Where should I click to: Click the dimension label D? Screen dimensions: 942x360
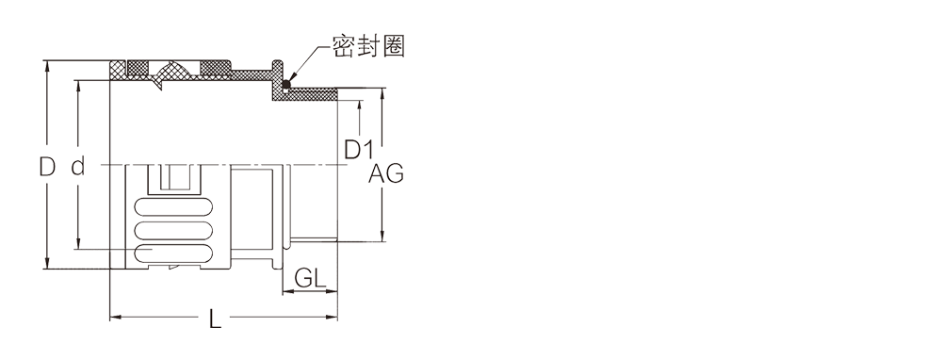point(47,166)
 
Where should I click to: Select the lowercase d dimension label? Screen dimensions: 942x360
point(77,167)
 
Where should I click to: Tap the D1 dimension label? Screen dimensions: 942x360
point(359,150)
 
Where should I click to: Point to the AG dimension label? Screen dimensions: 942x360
point(385,173)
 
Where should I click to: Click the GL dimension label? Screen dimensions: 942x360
point(310,278)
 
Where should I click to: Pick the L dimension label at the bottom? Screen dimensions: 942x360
point(215,319)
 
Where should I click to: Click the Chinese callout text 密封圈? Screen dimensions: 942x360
point(369,45)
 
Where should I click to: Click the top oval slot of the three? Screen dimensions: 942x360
point(174,208)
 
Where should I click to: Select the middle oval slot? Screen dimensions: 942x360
point(174,231)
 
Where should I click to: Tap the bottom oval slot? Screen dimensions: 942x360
point(174,253)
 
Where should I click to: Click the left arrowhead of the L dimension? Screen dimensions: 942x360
point(115,317)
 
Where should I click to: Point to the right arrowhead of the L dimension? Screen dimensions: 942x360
point(332,317)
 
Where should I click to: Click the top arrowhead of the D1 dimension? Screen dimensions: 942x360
point(359,106)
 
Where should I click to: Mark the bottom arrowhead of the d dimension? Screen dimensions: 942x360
point(77,243)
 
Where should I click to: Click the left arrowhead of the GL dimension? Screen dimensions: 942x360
point(288,293)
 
